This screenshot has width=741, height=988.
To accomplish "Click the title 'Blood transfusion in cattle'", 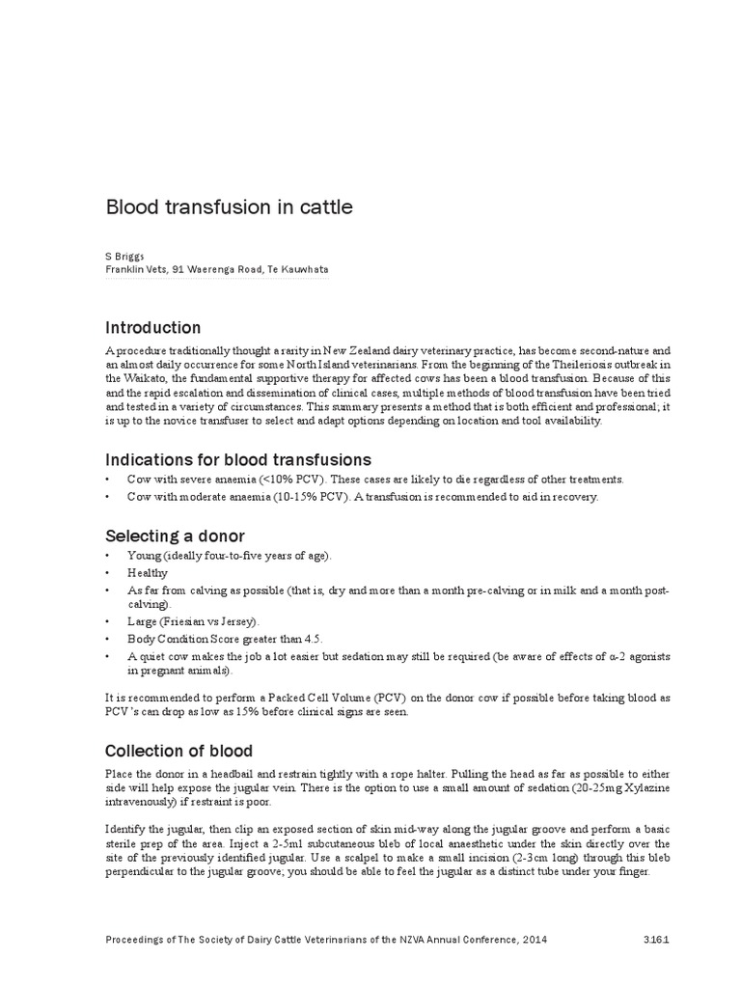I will coord(228,206).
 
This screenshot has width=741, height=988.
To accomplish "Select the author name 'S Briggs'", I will coord(125,257).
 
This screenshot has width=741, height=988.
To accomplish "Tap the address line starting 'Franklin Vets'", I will coord(216,270).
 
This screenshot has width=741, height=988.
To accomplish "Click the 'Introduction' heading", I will coord(152,327).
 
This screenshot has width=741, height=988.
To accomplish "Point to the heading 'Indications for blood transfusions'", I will coord(237,459).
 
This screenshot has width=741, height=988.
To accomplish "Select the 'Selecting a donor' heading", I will coord(175,535).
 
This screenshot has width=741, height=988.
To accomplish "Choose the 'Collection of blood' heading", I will coord(178,751).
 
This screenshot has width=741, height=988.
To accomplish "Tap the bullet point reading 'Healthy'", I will coord(148,572).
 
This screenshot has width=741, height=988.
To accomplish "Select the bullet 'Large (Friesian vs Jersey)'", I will coord(194,621).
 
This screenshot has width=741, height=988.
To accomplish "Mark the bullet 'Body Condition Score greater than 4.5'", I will coord(225,639).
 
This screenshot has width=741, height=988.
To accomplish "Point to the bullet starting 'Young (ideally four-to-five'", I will coord(230,556).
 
